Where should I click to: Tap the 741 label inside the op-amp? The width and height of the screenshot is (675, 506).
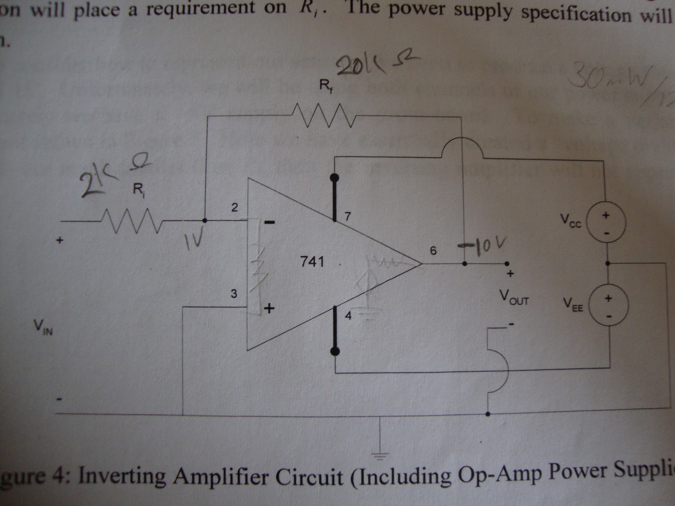click(x=312, y=262)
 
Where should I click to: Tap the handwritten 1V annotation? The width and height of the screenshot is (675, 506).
click(x=192, y=242)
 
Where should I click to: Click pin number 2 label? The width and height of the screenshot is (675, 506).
click(x=234, y=207)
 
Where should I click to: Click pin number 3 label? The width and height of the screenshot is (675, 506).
click(x=234, y=294)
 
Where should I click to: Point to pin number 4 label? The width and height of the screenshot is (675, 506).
click(x=348, y=315)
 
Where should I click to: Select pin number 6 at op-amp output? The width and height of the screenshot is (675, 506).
click(x=433, y=250)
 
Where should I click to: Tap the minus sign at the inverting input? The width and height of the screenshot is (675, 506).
click(x=270, y=222)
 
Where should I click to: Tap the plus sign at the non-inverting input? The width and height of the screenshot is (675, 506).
click(x=269, y=309)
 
